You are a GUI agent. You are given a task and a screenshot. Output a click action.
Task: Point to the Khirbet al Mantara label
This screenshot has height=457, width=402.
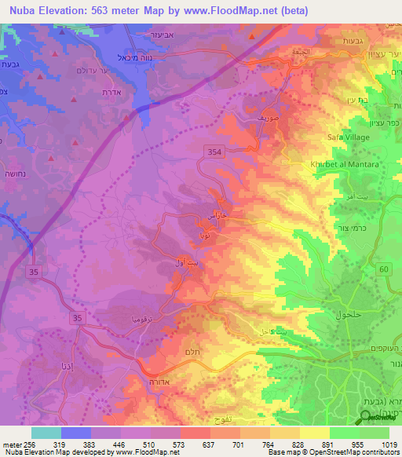pyautogui.click(x=338, y=166)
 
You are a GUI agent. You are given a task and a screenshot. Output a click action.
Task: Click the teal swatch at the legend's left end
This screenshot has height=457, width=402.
pyautogui.click(x=46, y=432)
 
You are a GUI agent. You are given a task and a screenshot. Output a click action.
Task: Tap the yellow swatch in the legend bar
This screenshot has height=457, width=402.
pyautogui.click(x=315, y=432)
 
